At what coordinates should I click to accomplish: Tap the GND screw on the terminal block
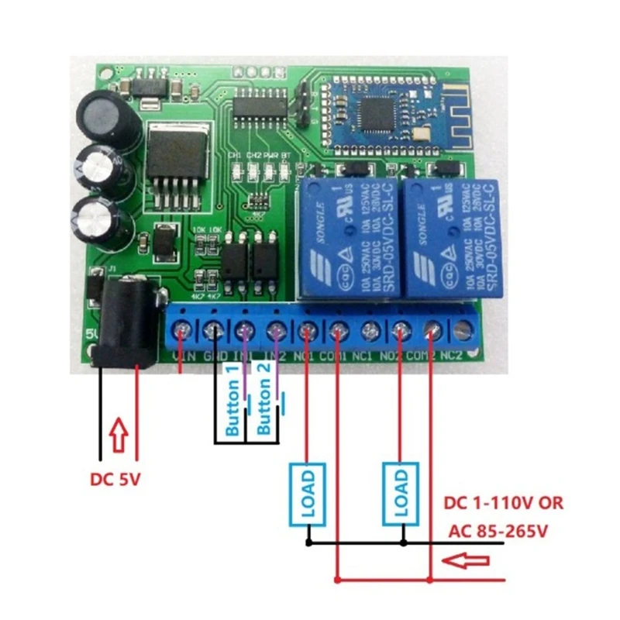(212, 331)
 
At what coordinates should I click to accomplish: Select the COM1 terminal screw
(337, 331)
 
